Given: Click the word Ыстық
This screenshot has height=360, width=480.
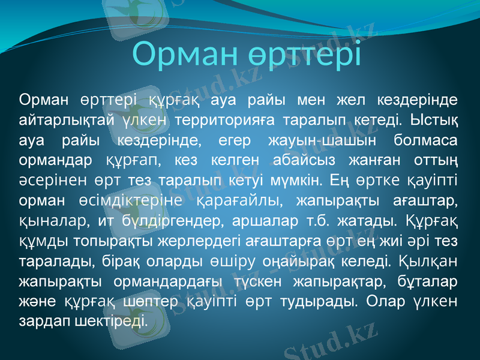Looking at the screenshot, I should pyautogui.click(x=435, y=119).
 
